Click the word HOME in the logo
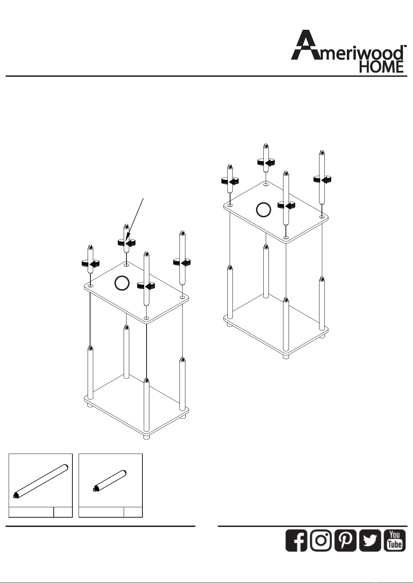[x=381, y=67]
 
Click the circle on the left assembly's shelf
[x=122, y=283]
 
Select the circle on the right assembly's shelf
[x=263, y=210]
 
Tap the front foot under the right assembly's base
[x=286, y=357]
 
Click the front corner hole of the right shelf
[x=286, y=237]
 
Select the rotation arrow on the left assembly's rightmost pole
[x=182, y=263]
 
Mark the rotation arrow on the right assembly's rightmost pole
[x=322, y=180]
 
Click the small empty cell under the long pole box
[x=63, y=512]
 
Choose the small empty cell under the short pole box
[x=133, y=512]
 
